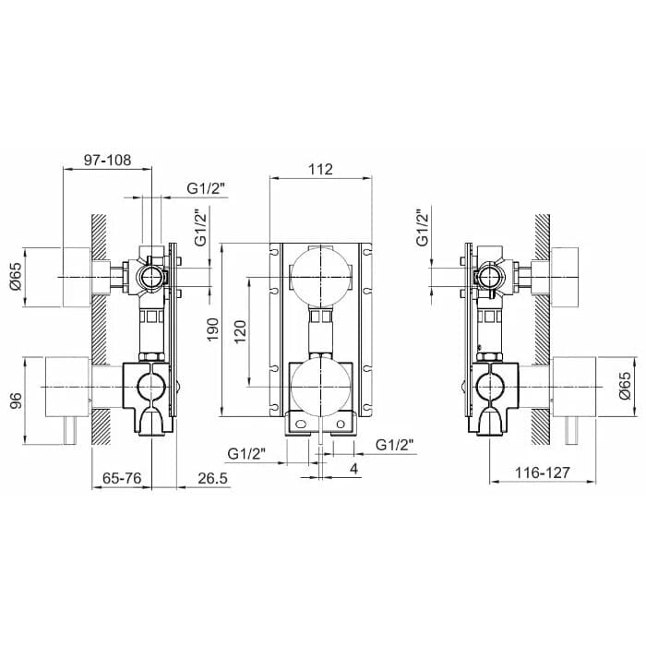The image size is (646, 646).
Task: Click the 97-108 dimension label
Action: click(108, 161)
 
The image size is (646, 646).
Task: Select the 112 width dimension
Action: click(321, 169)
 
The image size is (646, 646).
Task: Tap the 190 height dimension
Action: click(213, 329)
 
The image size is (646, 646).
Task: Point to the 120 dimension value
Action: click(240, 331)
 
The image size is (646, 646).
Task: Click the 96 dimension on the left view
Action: click(16, 401)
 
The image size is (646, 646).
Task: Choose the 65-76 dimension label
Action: click(122, 478)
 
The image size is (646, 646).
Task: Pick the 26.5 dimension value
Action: click(212, 478)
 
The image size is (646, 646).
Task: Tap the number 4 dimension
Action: click(353, 469)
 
